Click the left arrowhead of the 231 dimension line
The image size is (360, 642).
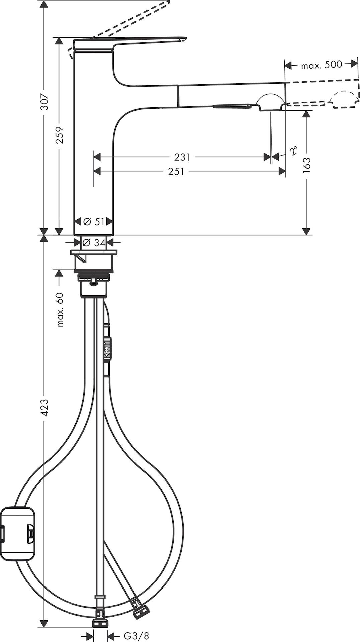pos(97,156)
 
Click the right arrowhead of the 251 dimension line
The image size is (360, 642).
pos(282,171)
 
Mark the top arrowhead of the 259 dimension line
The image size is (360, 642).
pos(59,41)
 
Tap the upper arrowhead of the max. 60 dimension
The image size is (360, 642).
pos(59,273)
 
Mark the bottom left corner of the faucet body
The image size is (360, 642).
pos(74,235)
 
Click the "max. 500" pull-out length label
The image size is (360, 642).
pos(322,65)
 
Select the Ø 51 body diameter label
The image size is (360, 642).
pos(94,221)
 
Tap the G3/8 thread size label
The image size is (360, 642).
pos(137,636)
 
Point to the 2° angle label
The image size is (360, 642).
pos(293,151)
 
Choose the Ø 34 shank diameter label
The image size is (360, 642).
pos(94,242)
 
